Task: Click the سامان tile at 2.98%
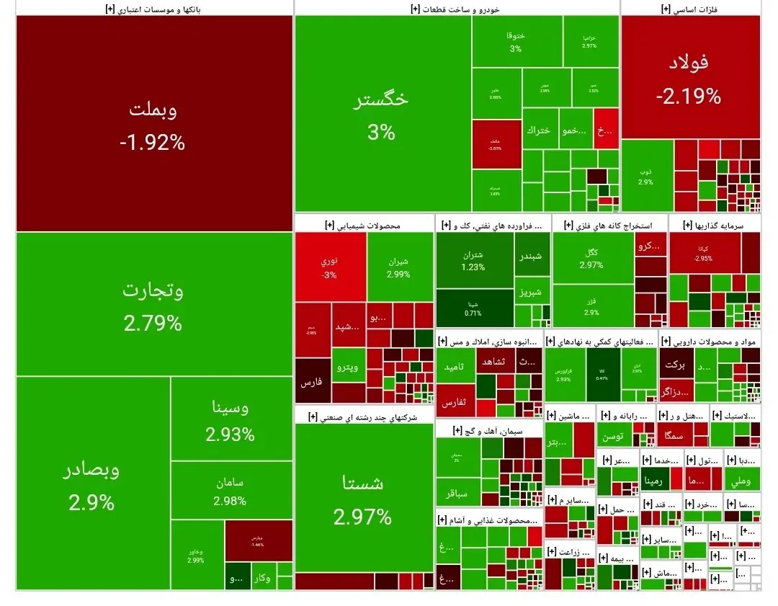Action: pos(230,491)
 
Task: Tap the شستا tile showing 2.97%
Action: pos(363,497)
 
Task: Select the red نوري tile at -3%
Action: pos(329,267)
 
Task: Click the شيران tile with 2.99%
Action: pos(398,267)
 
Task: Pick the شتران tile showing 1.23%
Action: pos(473,260)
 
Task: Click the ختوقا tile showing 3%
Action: pos(516,42)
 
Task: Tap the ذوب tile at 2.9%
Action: pos(646,176)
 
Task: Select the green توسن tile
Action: pos(613,436)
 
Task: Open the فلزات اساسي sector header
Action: pos(689,9)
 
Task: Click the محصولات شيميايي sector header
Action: pos(364,225)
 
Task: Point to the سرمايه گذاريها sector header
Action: pos(715,225)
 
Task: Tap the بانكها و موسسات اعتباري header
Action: pos(154,9)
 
